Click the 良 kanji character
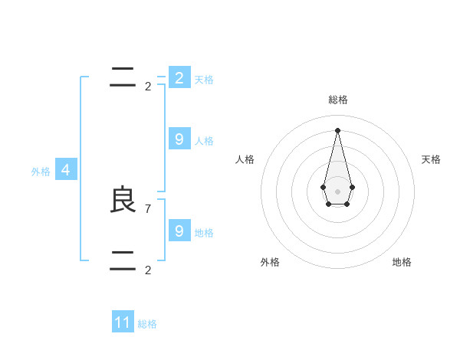click(x=123, y=200)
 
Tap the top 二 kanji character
click(x=123, y=77)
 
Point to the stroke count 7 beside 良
click(x=148, y=208)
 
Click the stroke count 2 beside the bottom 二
click(x=148, y=270)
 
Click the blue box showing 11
click(x=123, y=322)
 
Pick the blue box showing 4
click(x=65, y=170)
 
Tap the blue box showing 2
click(x=179, y=78)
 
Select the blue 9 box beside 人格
click(x=179, y=139)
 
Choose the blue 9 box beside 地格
click(x=179, y=231)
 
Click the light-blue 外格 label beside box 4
click(x=41, y=172)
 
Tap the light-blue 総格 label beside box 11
click(x=147, y=324)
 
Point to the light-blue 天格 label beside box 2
click(x=204, y=80)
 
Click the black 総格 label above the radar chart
click(x=338, y=100)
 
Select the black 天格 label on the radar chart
click(x=432, y=159)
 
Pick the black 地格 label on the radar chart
click(x=402, y=262)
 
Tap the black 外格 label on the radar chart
click(x=270, y=262)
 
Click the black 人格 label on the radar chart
click(x=245, y=159)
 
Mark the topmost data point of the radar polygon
click(x=337, y=129)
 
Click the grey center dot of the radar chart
click(x=337, y=191)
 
